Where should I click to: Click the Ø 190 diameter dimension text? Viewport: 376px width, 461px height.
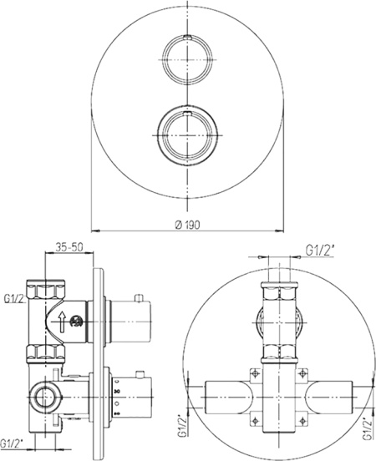(x=187, y=225)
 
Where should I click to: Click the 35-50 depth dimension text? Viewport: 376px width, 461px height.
(x=69, y=246)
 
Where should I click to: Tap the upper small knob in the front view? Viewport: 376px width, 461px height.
(x=187, y=59)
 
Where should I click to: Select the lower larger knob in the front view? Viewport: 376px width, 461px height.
(x=187, y=135)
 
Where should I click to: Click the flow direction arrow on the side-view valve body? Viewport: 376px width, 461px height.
(x=62, y=322)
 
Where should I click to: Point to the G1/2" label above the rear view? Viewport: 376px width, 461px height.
(x=320, y=251)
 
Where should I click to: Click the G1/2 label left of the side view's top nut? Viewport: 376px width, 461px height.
(x=13, y=299)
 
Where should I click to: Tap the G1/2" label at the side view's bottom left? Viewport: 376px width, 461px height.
(x=12, y=443)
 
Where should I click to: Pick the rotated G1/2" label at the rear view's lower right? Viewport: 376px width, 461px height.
(x=368, y=428)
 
